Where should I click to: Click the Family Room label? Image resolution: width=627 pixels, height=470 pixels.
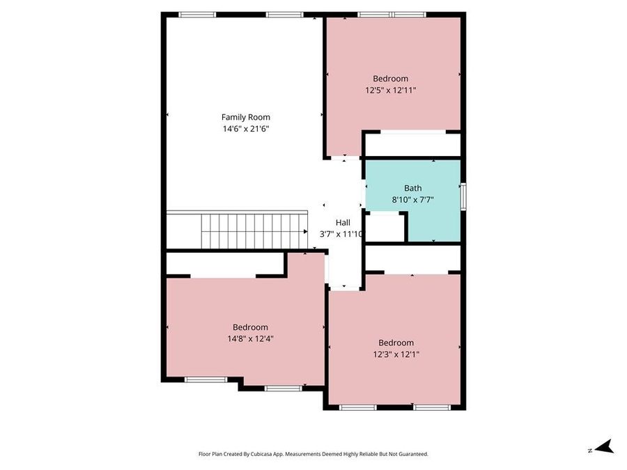click(245, 117)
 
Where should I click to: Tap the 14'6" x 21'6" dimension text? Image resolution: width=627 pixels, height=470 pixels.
click(245, 129)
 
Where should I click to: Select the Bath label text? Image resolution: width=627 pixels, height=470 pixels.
click(412, 188)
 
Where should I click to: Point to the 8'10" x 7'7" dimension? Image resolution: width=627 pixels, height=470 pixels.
click(412, 200)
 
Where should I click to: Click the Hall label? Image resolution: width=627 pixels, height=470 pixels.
click(343, 222)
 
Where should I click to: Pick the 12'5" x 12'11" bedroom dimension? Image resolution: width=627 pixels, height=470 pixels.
click(390, 91)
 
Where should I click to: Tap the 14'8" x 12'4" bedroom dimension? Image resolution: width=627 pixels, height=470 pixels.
click(250, 339)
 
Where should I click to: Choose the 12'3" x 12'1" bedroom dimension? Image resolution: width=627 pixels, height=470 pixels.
click(396, 354)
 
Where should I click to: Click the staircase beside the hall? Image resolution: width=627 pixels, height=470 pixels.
click(254, 230)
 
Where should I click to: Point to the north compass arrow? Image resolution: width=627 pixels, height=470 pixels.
click(603, 446)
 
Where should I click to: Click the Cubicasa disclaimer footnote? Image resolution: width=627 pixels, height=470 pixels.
click(313, 454)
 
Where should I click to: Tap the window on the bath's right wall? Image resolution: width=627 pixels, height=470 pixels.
click(463, 194)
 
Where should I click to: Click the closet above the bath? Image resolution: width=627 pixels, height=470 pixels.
click(412, 145)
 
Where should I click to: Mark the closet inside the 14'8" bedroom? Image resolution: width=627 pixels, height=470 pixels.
click(225, 264)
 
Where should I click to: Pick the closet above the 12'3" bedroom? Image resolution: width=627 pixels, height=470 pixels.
click(412, 258)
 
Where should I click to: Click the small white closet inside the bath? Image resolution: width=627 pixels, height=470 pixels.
click(385, 227)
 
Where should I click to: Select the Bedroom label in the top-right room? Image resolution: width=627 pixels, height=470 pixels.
click(390, 79)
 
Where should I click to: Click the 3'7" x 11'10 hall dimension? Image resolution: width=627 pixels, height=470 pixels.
click(341, 234)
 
